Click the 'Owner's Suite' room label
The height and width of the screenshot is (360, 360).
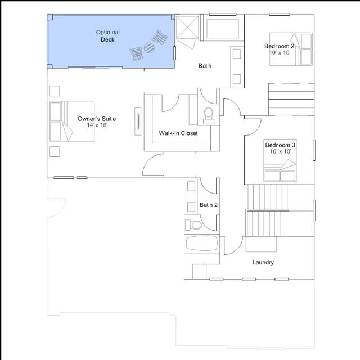coord(97,119)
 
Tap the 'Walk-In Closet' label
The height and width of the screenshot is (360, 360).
coord(178,133)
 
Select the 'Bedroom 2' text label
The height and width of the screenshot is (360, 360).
coord(279,46)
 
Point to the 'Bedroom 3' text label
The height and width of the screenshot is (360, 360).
coord(280,145)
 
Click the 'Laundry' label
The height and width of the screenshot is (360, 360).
coord(263,263)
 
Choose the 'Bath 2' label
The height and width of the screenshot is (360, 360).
coord(209,205)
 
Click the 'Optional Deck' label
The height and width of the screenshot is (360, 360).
coord(107,36)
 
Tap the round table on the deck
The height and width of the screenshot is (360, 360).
coord(149,47)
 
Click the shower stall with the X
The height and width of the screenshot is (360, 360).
coord(187,28)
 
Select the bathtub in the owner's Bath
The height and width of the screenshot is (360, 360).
coord(223,29)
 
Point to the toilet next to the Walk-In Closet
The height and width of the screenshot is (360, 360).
coord(209,115)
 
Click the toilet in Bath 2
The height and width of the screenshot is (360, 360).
coord(193,225)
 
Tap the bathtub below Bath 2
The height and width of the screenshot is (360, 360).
coord(202,244)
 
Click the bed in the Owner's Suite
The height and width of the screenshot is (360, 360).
coord(72,121)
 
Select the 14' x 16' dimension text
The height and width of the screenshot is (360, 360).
coord(97,125)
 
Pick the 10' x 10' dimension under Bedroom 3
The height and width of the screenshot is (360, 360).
coord(280,151)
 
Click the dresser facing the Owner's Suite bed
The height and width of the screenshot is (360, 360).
coord(138,121)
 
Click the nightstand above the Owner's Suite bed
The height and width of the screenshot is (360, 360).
coord(55,91)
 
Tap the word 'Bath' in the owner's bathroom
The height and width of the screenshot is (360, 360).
coord(205,66)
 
